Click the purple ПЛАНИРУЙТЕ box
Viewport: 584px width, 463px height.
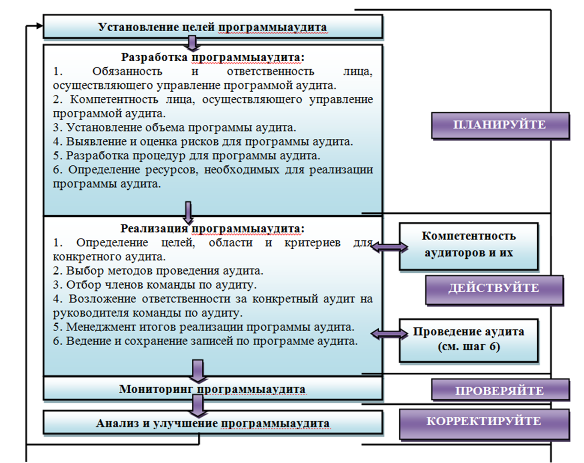pos(500,125)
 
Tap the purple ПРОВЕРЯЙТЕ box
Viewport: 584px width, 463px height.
pos(500,390)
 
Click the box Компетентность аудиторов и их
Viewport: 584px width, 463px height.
pos(468,246)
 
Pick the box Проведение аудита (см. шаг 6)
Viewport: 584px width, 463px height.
pos(468,340)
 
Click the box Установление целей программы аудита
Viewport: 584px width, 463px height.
pos(213,27)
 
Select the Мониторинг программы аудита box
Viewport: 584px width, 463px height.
pos(213,389)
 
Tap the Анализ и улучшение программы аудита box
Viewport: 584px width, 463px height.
pos(213,423)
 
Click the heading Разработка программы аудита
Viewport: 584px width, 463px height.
pos(213,57)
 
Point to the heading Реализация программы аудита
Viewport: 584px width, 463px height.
pos(213,228)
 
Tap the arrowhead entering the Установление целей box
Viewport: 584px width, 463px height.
pos(39,26)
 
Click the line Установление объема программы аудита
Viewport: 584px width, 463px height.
pos(174,128)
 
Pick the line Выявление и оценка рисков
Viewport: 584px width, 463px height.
pos(203,142)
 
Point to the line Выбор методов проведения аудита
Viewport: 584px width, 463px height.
pos(158,271)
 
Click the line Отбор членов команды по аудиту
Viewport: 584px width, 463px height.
pos(155,285)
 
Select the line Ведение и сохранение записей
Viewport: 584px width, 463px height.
pos(205,341)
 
